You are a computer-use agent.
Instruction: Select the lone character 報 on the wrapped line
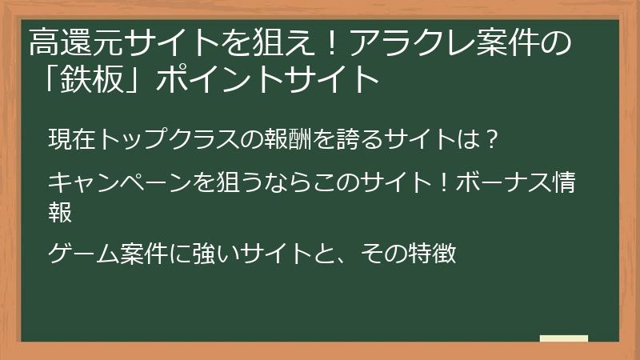pos(60,212)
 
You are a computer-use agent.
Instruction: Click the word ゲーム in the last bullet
pos(82,254)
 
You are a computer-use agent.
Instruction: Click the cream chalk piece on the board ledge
pos(563,338)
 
